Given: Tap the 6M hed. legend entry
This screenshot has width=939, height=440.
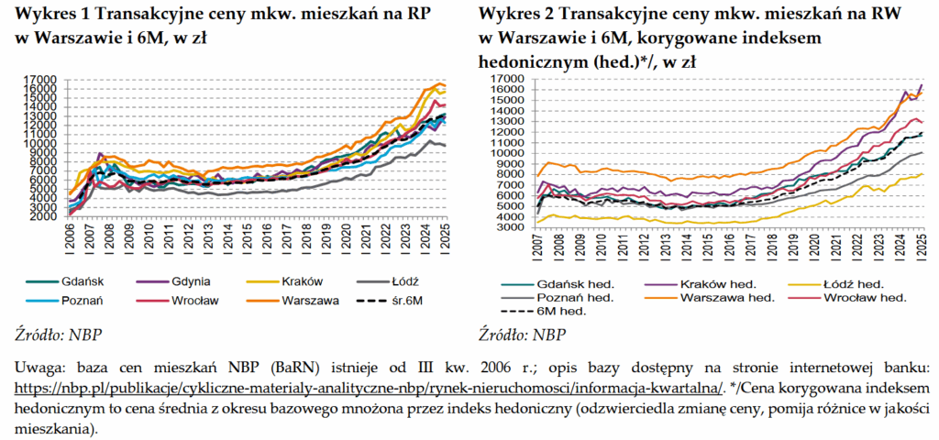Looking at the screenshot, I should coord(561,311).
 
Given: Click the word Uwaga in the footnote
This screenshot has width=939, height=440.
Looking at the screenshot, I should coord(39,368).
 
